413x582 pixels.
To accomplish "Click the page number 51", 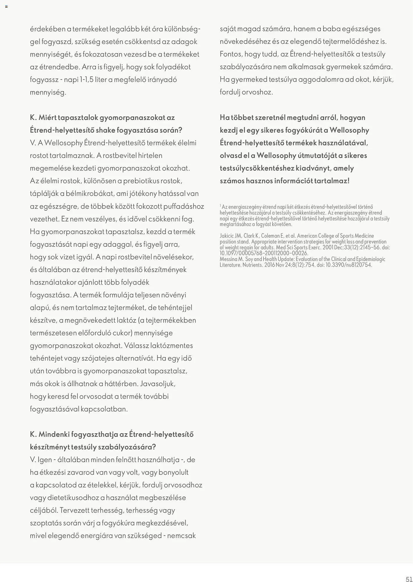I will (409, 579).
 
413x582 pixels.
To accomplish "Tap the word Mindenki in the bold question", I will (54, 434).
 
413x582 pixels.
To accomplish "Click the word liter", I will (101, 80).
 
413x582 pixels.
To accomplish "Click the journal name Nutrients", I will (252, 265).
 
